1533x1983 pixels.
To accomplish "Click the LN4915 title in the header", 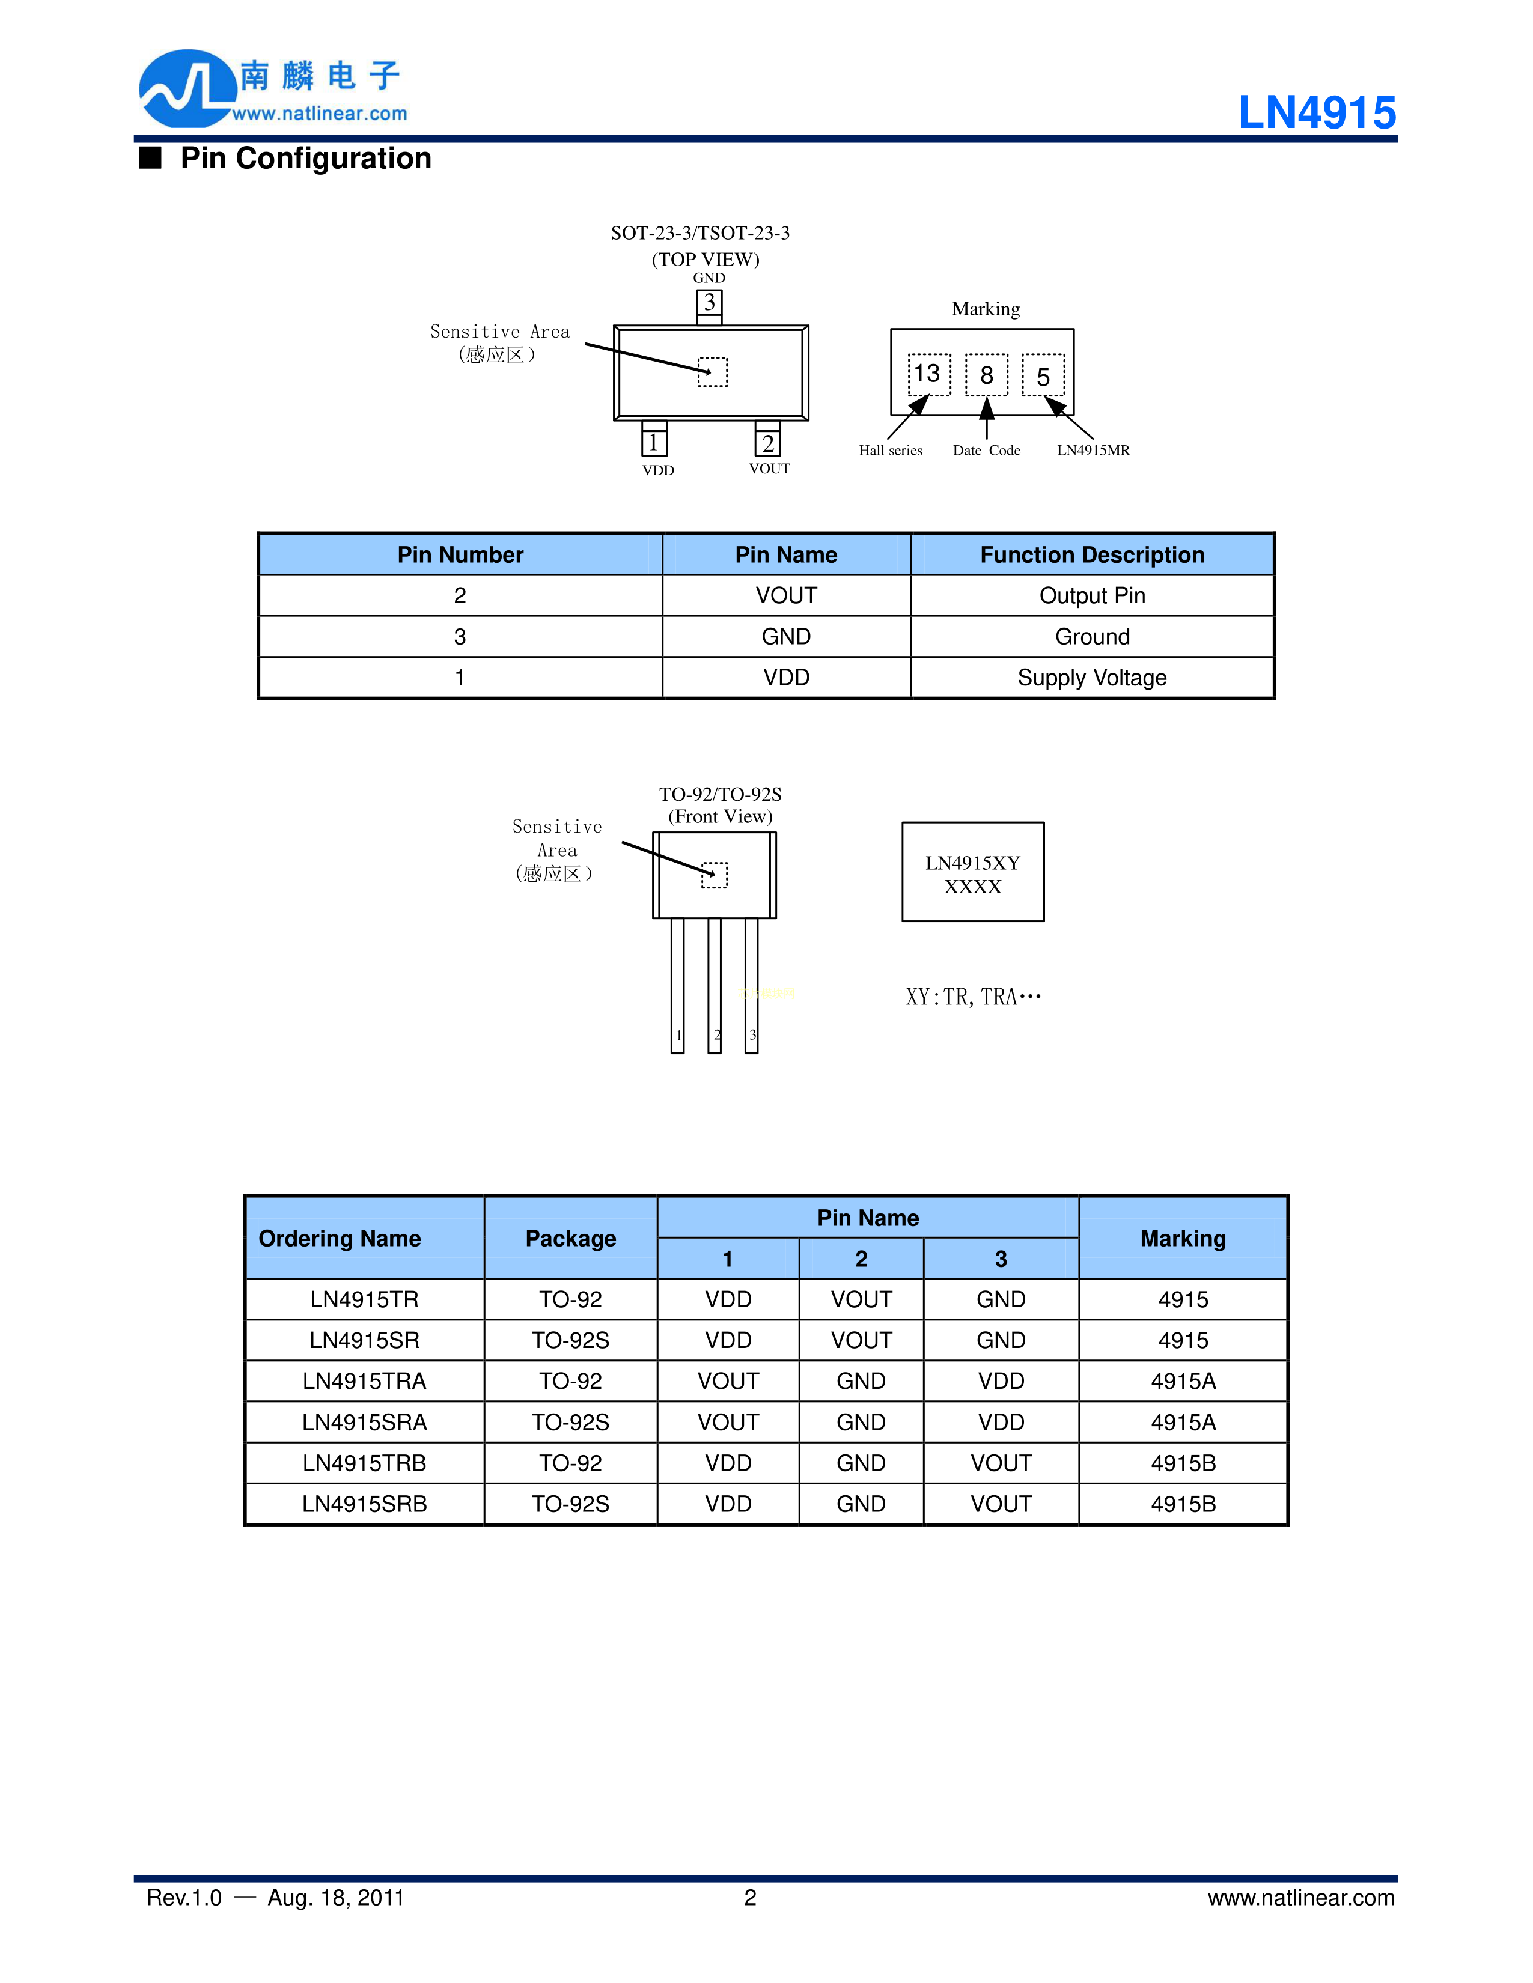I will click(x=1316, y=114).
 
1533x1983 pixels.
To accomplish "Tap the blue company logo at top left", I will click(x=186, y=89).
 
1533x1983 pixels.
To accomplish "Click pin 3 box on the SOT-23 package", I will click(x=709, y=302).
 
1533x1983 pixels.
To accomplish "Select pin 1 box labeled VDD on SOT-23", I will click(x=654, y=442).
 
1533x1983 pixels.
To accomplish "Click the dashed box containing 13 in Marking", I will click(x=929, y=374).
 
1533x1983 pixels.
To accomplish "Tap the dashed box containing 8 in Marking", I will click(x=986, y=375).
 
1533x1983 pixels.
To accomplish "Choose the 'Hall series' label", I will click(x=890, y=451).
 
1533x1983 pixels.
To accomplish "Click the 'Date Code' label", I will click(x=986, y=451).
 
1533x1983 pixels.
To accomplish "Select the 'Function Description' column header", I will click(x=1092, y=554).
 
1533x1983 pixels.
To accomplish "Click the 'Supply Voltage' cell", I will click(x=1092, y=678).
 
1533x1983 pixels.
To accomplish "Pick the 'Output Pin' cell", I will click(x=1092, y=596).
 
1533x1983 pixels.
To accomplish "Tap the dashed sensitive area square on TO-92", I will click(x=715, y=875).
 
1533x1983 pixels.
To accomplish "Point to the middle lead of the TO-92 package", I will click(x=715, y=985).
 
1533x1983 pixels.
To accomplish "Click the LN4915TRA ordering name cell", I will click(x=364, y=1381).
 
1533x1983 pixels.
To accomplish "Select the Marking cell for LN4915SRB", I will click(x=1183, y=1504).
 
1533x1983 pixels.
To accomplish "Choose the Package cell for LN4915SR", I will click(x=570, y=1340).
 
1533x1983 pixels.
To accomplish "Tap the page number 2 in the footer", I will click(x=750, y=1898).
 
